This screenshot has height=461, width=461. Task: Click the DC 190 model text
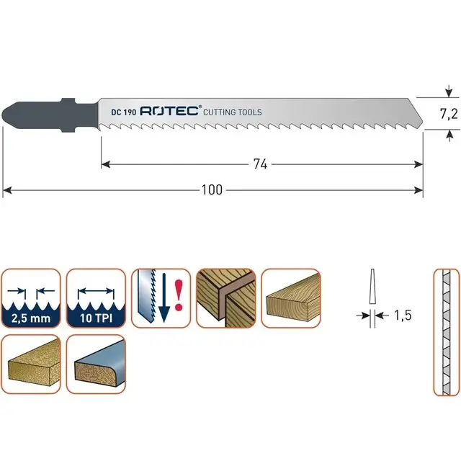coord(123,112)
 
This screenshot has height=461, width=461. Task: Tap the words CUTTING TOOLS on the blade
coord(233,112)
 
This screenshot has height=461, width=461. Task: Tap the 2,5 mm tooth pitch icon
coord(30,298)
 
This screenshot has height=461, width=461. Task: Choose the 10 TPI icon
coord(95,298)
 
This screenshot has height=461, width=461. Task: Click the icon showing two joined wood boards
coord(225,298)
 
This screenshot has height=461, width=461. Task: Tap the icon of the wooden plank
coord(290,298)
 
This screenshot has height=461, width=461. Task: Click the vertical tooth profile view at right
coord(445,333)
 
